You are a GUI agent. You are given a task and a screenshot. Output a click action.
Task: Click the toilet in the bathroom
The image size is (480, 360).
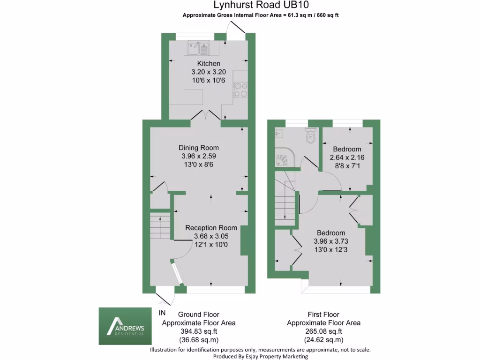310,136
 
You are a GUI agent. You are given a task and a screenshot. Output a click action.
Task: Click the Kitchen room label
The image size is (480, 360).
209,64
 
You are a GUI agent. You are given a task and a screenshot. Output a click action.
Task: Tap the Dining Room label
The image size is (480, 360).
199,147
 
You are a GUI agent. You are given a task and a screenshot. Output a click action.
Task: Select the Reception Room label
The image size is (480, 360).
211,228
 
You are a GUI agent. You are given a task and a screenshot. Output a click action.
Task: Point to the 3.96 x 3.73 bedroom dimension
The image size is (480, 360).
331,241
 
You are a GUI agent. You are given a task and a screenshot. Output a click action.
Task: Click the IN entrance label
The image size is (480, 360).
162,313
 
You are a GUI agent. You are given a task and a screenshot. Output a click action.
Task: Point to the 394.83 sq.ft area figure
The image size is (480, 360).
199,331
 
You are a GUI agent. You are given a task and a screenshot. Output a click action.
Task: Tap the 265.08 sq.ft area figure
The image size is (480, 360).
323,331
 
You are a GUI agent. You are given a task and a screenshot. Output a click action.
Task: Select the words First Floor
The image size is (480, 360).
323,315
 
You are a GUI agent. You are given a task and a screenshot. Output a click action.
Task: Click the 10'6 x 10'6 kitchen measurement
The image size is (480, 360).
209,81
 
